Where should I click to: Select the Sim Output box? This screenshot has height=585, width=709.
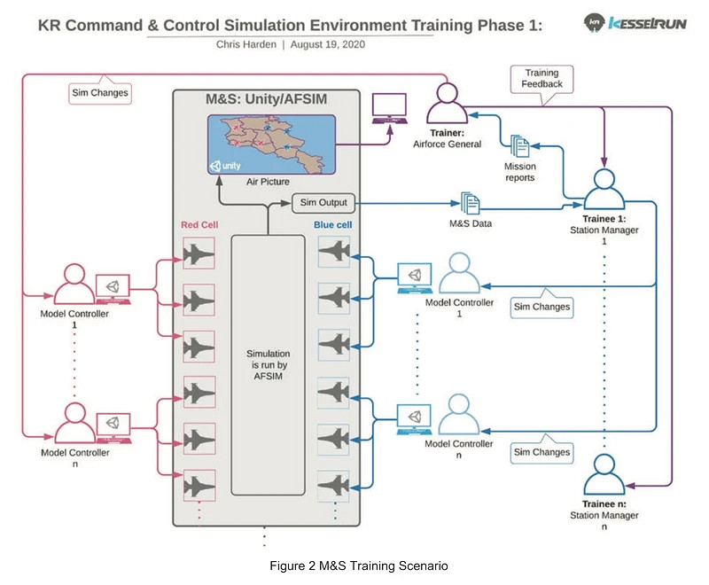(323, 203)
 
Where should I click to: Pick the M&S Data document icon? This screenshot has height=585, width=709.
(470, 203)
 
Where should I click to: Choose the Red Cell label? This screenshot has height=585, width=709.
(199, 225)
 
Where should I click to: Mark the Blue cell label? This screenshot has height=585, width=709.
(332, 225)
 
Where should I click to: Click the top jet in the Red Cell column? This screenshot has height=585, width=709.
(199, 255)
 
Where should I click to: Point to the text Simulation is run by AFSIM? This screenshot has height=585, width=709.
(267, 364)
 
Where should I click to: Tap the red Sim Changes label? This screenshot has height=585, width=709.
(98, 92)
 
